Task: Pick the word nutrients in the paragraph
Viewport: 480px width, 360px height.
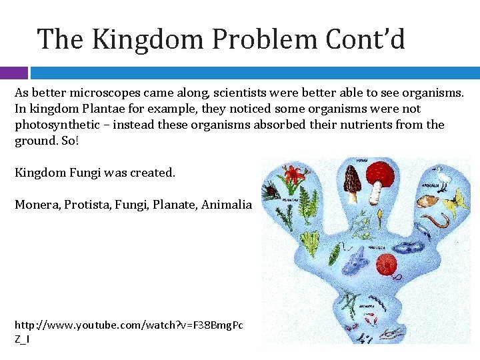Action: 364,125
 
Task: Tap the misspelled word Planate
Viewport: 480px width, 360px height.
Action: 173,205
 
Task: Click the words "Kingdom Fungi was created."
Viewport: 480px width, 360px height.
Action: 95,173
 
